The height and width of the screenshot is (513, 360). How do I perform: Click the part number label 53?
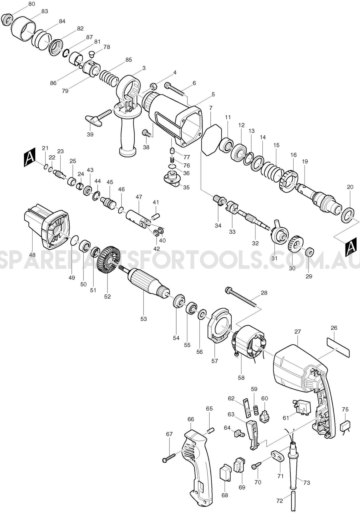143,319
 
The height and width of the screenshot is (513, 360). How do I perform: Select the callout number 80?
31,4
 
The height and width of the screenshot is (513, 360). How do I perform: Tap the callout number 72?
279,501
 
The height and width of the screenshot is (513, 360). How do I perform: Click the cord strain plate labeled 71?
278,456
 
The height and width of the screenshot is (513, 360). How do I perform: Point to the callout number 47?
139,197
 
